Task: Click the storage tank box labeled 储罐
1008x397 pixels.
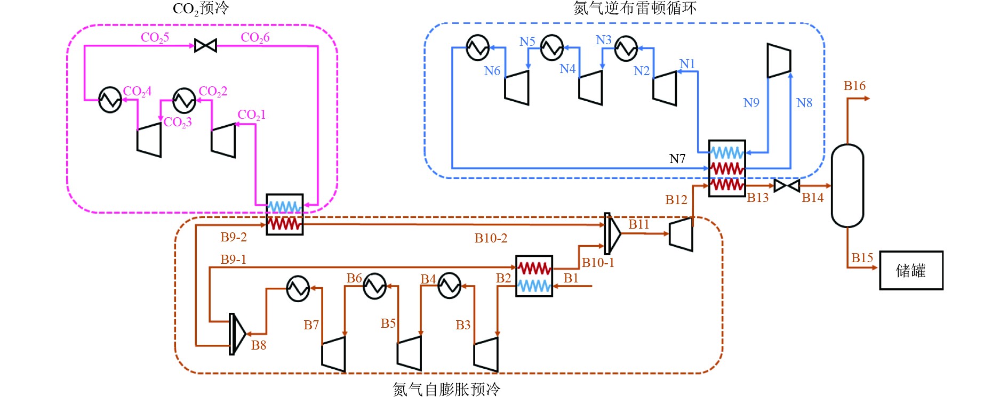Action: [x=911, y=270]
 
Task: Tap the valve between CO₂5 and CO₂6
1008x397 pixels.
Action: [x=205, y=46]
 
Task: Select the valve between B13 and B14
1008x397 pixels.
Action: [x=787, y=186]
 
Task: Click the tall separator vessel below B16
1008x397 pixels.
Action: [x=847, y=185]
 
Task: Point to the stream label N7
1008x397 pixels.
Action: [x=677, y=159]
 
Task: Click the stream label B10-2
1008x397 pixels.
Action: [x=491, y=238]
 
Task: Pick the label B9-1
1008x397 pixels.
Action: [x=234, y=260]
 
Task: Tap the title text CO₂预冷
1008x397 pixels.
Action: [x=201, y=9]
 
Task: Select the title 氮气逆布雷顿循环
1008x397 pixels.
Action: [x=635, y=8]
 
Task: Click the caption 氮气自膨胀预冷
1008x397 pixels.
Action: [x=446, y=390]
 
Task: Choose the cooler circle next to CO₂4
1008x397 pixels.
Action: [x=110, y=100]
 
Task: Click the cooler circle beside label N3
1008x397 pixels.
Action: [x=626, y=48]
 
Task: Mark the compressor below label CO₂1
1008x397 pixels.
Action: [x=223, y=141]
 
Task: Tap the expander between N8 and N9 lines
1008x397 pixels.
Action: [x=779, y=60]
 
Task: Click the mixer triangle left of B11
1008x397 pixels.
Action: [x=612, y=233]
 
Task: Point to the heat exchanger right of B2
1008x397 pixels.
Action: [x=534, y=276]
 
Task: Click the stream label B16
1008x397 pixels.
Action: [x=854, y=86]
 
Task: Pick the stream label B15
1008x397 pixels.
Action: [x=862, y=258]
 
